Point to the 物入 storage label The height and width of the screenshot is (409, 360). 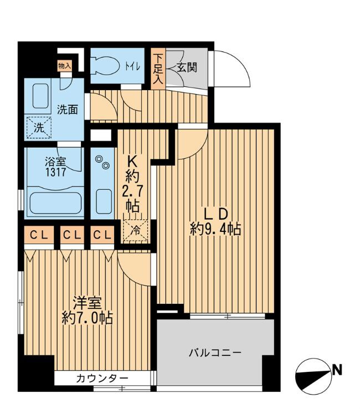65,65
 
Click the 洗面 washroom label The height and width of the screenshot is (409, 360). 68,109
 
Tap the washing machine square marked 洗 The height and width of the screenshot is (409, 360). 39,128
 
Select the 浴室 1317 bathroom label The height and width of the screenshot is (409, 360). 55,167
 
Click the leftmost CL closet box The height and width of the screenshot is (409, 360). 38,235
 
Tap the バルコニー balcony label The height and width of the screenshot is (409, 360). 214,353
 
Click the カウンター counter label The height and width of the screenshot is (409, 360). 102,379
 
